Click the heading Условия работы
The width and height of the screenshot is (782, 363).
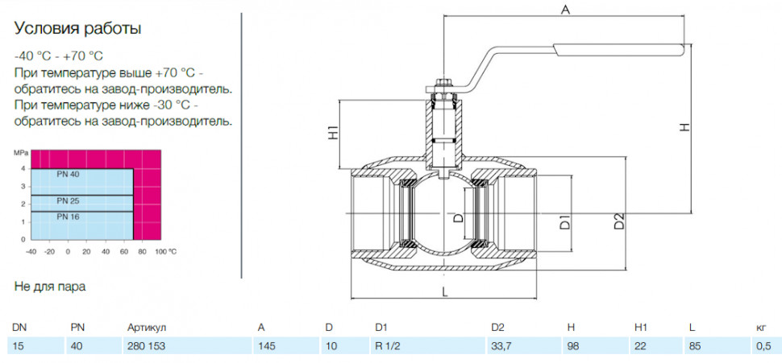(77, 29)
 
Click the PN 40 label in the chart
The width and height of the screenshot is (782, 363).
(68, 174)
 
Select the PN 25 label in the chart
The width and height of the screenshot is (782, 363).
(68, 200)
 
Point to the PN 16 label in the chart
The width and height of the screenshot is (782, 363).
(68, 217)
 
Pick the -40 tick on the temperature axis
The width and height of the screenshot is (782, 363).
(31, 251)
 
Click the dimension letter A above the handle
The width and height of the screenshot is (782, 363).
(564, 9)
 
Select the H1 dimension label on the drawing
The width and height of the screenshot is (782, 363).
(334, 134)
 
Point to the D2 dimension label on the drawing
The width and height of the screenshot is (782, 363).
(618, 221)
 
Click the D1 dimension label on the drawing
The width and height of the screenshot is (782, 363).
(564, 222)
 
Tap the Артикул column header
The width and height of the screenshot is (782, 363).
(147, 327)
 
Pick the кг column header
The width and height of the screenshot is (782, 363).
(760, 327)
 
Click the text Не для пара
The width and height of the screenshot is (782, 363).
(50, 287)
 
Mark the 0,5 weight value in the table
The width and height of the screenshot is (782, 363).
(763, 345)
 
